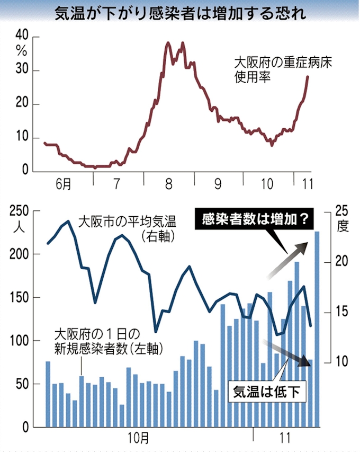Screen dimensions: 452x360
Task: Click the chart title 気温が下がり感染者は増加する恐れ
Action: tap(180, 13)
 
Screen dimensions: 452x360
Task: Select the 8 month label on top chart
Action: tap(168, 184)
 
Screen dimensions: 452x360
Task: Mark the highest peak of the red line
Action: tap(183, 43)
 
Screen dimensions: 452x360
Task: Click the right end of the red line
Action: tap(308, 77)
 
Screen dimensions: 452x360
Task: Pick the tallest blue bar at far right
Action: tap(317, 329)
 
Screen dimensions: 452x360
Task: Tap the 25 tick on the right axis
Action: tap(342, 211)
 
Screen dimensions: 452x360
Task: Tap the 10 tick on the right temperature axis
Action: tap(342, 362)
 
